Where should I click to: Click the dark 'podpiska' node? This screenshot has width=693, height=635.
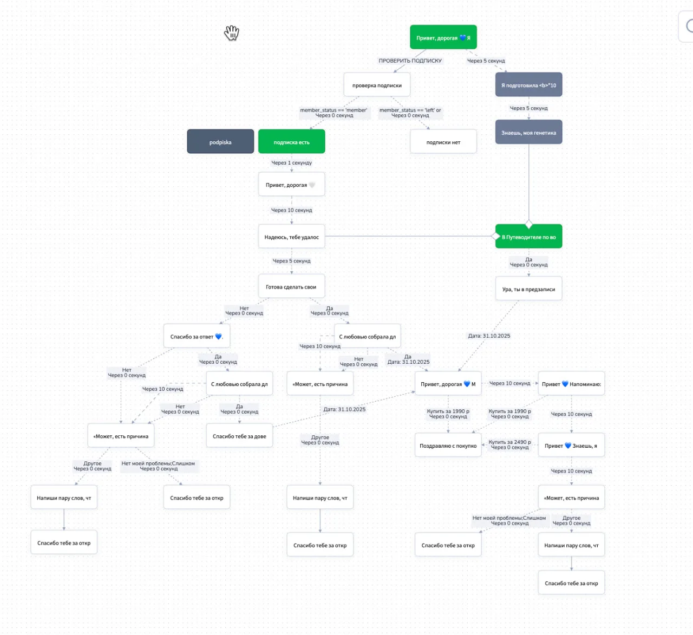[x=220, y=141]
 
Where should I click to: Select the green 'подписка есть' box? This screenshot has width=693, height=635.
[x=292, y=141]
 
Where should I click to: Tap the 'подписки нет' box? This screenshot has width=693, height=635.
[x=443, y=141]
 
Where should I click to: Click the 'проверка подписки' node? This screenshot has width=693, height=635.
[x=377, y=84]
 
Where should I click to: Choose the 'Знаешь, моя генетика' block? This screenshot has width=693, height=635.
[x=528, y=132]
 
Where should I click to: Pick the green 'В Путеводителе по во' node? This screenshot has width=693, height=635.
[x=528, y=237]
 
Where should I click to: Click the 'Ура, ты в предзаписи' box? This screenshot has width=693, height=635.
[x=528, y=289]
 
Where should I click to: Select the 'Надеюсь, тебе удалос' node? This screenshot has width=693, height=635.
[x=292, y=237]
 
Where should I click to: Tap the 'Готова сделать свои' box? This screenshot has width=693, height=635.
[x=292, y=286]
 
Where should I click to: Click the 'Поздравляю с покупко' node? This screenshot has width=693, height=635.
[x=448, y=445]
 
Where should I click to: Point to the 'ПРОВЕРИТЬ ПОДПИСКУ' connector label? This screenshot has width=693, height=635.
[x=410, y=61]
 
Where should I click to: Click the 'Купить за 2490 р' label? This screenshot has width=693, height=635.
[x=509, y=442]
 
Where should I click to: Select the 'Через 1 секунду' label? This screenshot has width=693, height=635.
[x=292, y=163]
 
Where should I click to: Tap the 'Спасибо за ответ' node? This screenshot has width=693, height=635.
[x=197, y=336]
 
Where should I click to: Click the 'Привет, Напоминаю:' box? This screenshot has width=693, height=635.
[x=571, y=383]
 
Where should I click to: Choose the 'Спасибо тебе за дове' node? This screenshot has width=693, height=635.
[x=239, y=436]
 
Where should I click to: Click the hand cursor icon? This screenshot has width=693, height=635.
[x=232, y=33]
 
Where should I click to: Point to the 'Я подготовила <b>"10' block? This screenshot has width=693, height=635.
[x=528, y=84]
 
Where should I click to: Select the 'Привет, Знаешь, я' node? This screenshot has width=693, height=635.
[x=571, y=445]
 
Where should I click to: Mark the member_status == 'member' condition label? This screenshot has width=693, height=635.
[x=334, y=110]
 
